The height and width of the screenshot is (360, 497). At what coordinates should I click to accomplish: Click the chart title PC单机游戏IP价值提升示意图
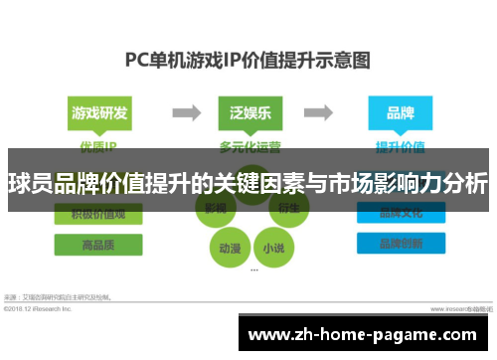[x=248, y=59]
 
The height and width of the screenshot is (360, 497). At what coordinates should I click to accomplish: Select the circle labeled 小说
[x=272, y=246]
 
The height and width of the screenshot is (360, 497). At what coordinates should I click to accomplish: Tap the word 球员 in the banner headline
[x=31, y=184]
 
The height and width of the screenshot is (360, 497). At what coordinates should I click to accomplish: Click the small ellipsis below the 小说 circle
[x=254, y=270]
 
